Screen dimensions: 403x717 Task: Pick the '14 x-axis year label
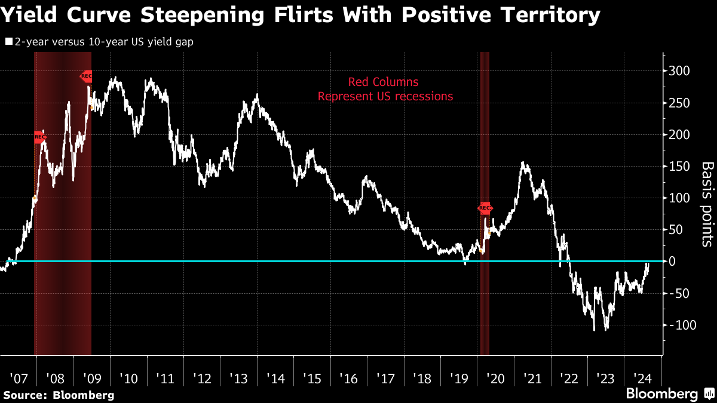pyautogui.click(x=275, y=379)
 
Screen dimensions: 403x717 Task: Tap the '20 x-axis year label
pyautogui.click(x=495, y=379)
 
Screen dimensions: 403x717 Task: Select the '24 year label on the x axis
pyautogui.click(x=642, y=379)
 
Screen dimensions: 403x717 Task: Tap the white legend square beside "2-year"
pyautogui.click(x=8, y=42)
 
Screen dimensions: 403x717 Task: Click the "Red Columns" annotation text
pyautogui.click(x=385, y=82)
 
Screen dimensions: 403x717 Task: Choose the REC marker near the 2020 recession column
pyautogui.click(x=485, y=208)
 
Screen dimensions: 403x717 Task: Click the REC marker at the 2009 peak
pyautogui.click(x=87, y=76)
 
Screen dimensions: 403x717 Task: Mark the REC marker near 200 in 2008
pyautogui.click(x=39, y=137)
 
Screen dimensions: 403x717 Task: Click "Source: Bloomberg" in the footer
pyautogui.click(x=59, y=395)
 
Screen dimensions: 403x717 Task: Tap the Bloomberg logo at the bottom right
pyautogui.click(x=669, y=393)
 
